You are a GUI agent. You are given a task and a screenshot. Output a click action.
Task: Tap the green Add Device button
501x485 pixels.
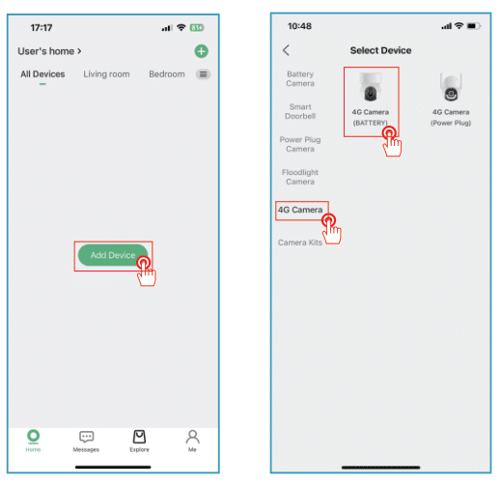[x=112, y=255]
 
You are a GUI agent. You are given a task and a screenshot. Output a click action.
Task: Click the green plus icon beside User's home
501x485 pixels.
[x=201, y=51]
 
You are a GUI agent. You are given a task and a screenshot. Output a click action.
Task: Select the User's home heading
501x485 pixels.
[x=49, y=51]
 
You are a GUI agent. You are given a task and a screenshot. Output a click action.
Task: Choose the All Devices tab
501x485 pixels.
[x=42, y=74]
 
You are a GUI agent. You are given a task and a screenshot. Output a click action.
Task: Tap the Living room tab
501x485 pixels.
[x=106, y=74]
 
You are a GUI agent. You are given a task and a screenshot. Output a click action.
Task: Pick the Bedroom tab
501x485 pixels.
[x=166, y=74]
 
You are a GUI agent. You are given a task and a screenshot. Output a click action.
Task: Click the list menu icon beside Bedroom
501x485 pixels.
[x=203, y=74]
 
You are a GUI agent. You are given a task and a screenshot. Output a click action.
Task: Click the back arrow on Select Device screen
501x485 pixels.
[x=286, y=50]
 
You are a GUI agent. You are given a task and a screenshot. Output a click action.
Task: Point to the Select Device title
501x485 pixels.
[x=379, y=50]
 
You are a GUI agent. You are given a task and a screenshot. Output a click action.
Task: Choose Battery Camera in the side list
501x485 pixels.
[x=300, y=78]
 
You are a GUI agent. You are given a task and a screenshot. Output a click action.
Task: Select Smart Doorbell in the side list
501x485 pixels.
[x=300, y=111]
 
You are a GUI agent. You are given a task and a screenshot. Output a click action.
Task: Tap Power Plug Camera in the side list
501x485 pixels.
[x=300, y=144]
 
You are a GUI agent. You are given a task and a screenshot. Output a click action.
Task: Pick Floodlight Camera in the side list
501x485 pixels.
[x=300, y=177]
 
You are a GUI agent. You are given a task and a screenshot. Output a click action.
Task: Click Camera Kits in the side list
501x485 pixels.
[x=300, y=242]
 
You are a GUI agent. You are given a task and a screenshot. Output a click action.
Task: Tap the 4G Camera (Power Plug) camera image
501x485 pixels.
[x=451, y=89]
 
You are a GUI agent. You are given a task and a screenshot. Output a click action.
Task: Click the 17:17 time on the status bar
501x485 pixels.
[x=42, y=28]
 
